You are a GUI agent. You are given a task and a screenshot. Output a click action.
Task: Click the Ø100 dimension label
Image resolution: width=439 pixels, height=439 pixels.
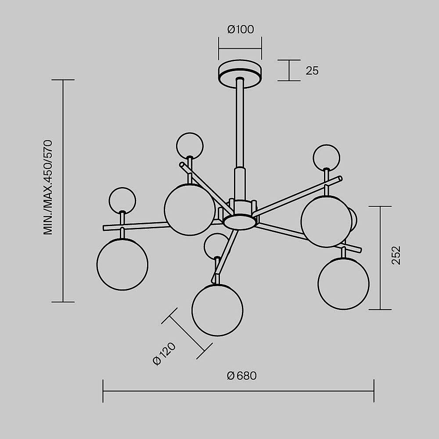(241, 30)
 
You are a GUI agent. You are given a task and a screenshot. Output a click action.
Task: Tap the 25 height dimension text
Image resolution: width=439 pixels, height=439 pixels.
(312, 71)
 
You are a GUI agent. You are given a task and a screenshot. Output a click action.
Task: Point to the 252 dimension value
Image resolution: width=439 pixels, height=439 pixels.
(396, 255)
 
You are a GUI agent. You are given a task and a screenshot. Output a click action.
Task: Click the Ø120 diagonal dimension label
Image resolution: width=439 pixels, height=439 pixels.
(164, 354)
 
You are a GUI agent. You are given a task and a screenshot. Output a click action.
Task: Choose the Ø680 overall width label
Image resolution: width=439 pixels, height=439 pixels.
(242, 376)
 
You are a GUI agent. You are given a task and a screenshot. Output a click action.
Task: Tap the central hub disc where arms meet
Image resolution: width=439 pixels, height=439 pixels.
(239, 221)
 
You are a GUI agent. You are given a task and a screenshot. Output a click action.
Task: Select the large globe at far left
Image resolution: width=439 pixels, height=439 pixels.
(122, 264)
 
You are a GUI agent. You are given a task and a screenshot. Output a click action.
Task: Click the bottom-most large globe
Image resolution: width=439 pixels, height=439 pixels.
(217, 310)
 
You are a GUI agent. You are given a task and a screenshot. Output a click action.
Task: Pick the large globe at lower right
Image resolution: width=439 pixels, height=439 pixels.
(343, 284)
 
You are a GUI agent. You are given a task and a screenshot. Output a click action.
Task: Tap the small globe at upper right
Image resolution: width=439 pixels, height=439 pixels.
(327, 157)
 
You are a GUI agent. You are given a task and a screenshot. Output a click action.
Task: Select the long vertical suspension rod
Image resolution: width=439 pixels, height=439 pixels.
(240, 123)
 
